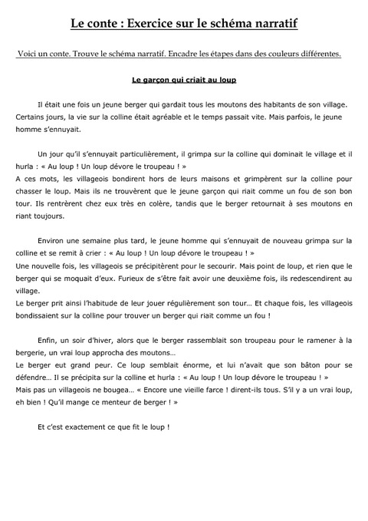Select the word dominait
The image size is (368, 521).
[264, 155]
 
